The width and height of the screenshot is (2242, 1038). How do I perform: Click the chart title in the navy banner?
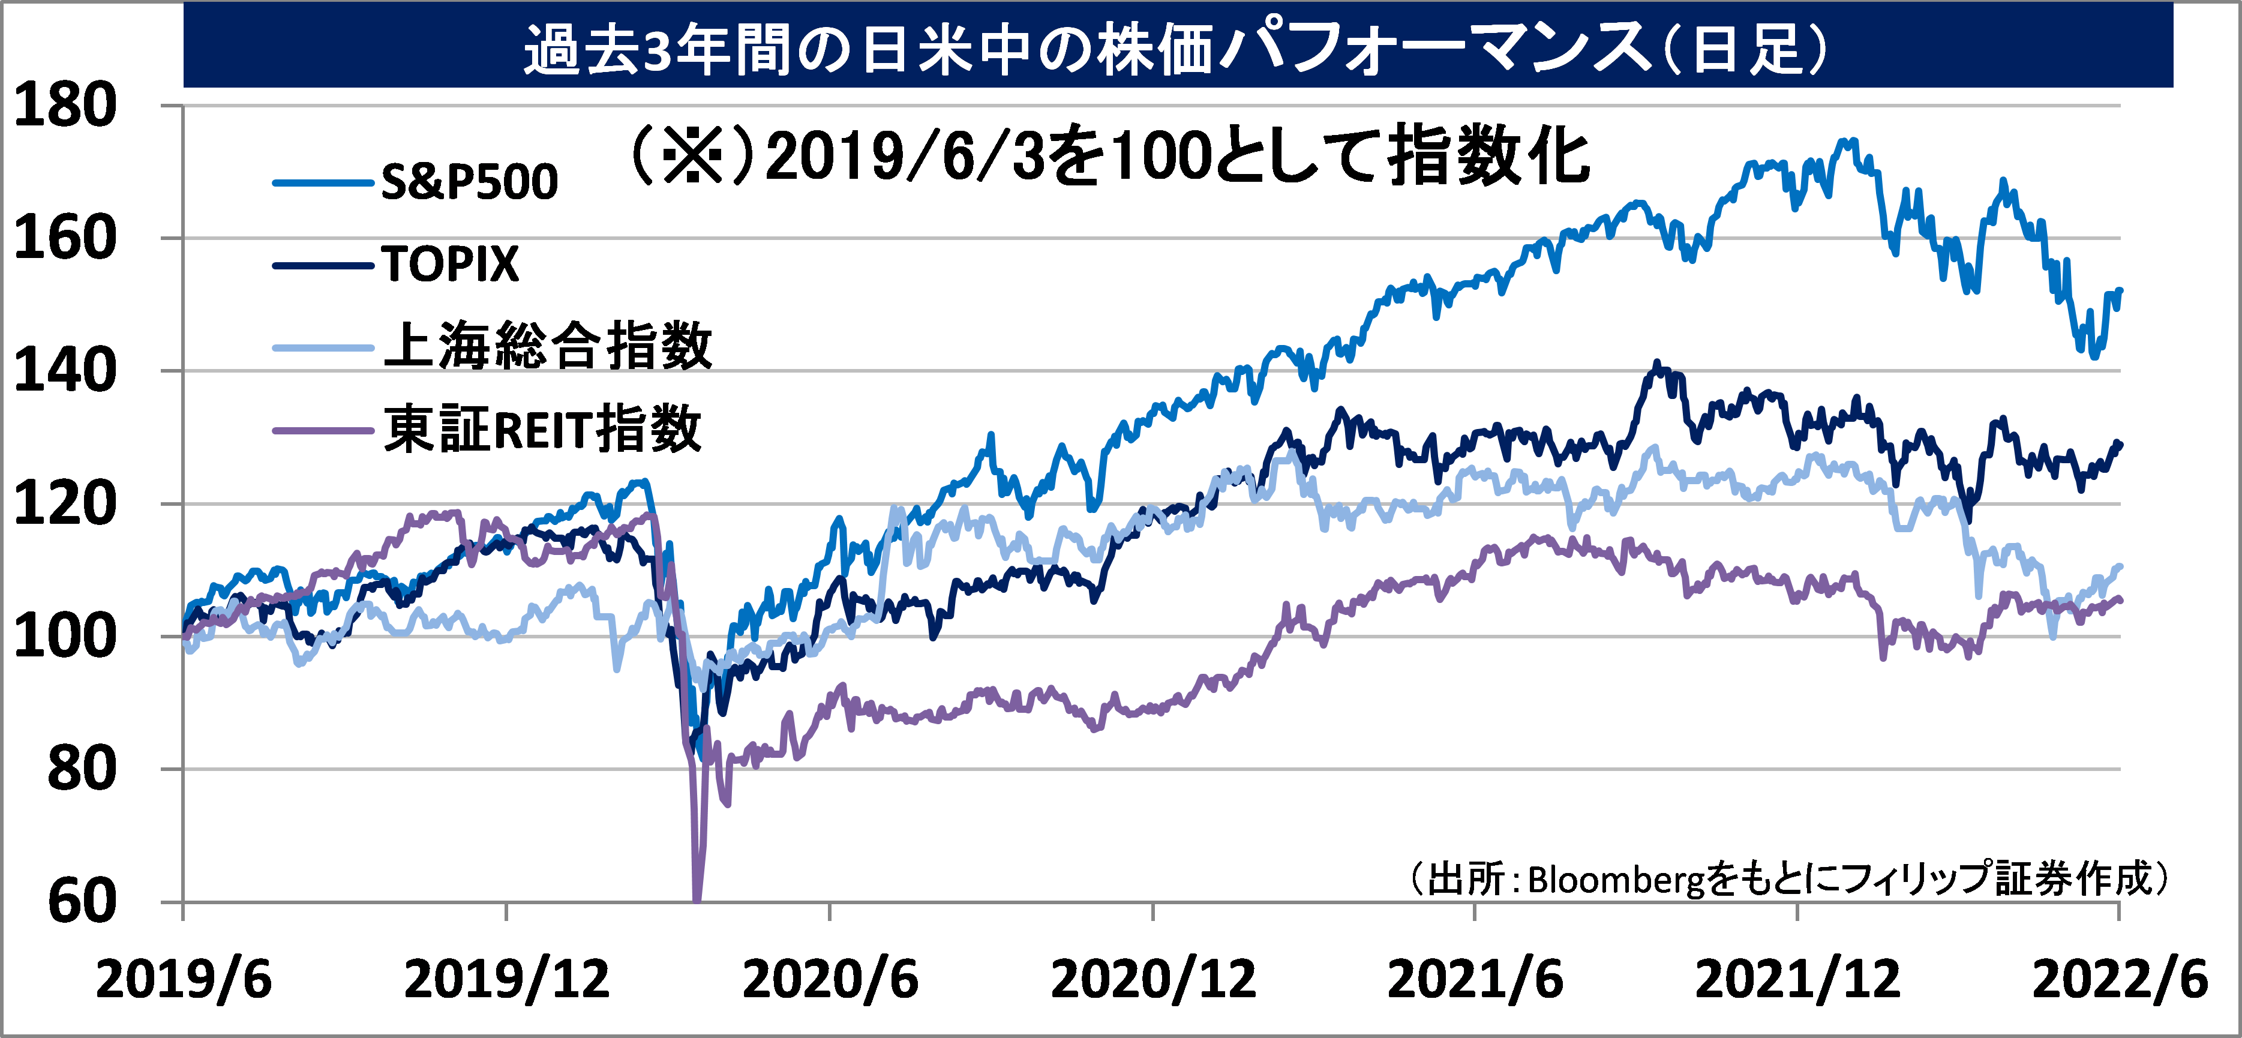click(1175, 48)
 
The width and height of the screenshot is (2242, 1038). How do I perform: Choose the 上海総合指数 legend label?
click(547, 346)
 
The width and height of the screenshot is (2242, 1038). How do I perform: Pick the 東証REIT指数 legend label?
click(542, 429)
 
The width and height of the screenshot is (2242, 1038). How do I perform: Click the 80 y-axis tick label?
click(81, 769)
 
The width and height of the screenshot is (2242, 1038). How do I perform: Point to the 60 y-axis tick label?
click(81, 901)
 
